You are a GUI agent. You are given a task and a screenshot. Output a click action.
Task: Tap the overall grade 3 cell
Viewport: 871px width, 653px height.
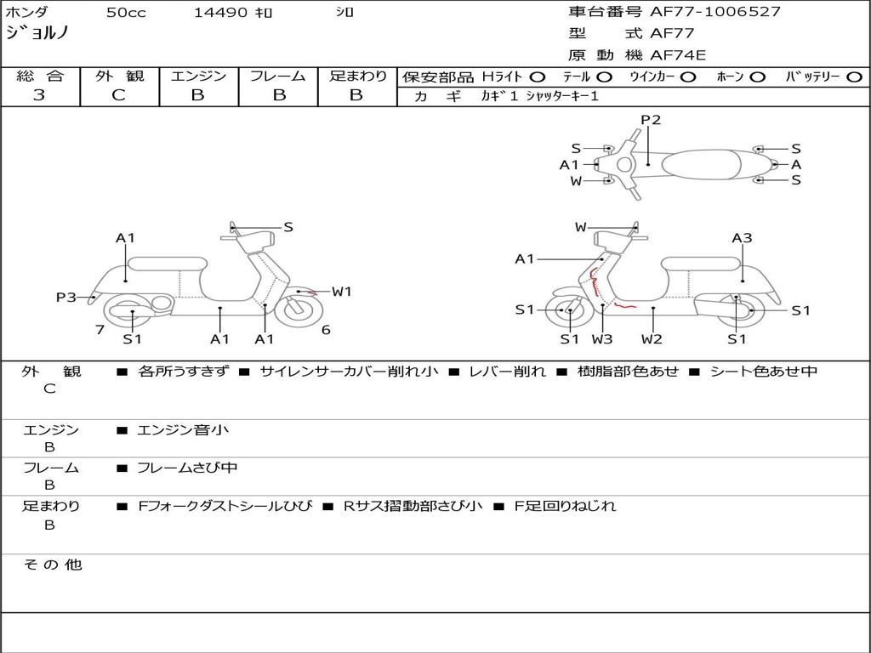[x=40, y=95]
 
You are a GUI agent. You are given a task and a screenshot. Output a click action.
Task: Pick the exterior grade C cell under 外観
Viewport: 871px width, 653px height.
[x=119, y=95]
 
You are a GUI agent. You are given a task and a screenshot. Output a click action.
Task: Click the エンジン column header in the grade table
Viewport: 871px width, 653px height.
[x=198, y=76]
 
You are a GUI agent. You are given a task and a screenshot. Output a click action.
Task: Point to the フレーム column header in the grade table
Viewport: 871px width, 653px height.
[x=277, y=76]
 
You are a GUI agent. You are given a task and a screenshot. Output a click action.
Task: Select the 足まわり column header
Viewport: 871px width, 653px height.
[x=357, y=76]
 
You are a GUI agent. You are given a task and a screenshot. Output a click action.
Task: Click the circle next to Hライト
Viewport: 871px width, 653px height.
[x=538, y=77]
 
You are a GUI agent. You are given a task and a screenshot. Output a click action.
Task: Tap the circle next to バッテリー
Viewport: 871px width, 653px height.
[x=854, y=77]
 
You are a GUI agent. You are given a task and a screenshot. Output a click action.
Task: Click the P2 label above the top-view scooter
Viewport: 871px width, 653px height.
[x=651, y=120]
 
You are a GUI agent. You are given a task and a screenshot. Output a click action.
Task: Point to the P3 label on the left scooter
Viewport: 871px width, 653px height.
[x=66, y=298]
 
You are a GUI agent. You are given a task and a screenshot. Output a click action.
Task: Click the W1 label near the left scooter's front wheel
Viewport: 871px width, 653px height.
[x=342, y=292]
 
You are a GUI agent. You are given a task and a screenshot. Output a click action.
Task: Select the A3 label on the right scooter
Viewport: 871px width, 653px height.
[x=742, y=238]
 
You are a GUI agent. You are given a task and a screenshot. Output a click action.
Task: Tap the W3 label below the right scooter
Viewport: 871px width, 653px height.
[x=602, y=339]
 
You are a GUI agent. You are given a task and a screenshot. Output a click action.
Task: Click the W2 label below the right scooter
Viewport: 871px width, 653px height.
[x=652, y=339]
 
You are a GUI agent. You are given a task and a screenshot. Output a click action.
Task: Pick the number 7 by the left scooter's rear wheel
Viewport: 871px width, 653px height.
[x=100, y=329]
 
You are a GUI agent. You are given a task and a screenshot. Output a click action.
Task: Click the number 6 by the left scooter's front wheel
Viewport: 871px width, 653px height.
[x=326, y=330]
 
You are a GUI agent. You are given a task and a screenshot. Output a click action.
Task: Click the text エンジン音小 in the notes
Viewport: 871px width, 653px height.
[x=183, y=430]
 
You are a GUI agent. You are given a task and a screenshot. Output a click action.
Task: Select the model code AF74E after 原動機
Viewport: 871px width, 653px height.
[x=678, y=55]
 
